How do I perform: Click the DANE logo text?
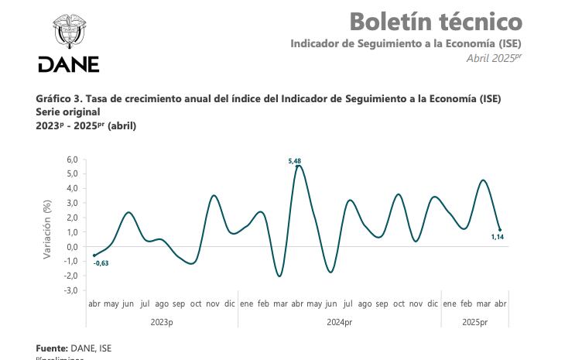68,64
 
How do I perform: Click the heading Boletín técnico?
436,21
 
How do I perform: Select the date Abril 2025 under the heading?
494,58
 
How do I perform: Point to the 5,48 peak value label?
294,160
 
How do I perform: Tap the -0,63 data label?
101,263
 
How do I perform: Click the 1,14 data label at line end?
496,237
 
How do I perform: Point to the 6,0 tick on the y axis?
72,159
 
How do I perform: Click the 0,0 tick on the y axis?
72,247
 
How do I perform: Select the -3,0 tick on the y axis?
70,290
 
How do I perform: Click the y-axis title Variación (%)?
47,228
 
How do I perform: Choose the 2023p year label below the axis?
162,321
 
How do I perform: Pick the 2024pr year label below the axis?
339,321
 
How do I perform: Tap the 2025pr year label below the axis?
474,321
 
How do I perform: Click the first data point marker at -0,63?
94,255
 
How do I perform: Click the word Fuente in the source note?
51,348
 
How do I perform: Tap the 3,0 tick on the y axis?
72,203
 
